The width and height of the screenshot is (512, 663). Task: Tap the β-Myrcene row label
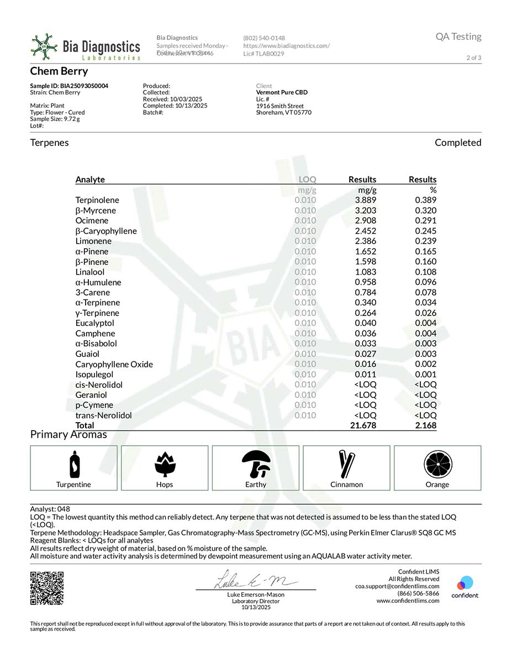(x=96, y=211)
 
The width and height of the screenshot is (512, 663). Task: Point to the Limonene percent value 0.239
(x=425, y=241)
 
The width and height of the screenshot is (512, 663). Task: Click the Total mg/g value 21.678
(x=363, y=425)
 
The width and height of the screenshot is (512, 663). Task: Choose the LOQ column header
(x=307, y=180)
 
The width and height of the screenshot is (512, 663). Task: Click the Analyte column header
(x=90, y=180)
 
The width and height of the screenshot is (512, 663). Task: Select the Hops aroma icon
(x=165, y=464)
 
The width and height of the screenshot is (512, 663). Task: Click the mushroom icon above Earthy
(x=256, y=464)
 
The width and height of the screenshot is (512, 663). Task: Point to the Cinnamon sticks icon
(x=347, y=464)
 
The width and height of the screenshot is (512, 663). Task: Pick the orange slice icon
(x=437, y=464)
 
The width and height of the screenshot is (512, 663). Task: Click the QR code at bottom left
(x=47, y=588)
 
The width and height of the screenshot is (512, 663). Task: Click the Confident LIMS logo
(x=465, y=587)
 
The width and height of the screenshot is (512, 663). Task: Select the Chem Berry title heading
(x=59, y=71)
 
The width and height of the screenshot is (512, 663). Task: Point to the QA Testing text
(x=458, y=36)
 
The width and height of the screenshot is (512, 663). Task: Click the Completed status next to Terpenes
(x=458, y=143)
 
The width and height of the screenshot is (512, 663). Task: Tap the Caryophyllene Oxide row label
(x=114, y=364)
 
